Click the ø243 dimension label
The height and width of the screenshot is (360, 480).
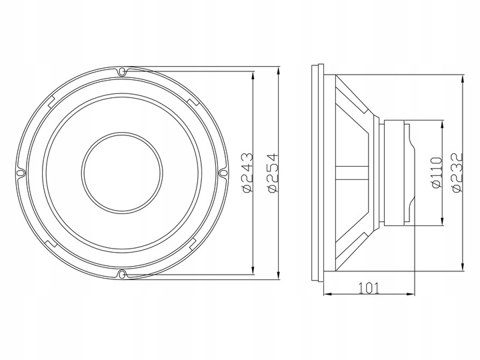pos(247,172)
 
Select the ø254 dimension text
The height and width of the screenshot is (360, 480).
pos(271,172)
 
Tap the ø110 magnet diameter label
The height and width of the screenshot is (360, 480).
pos(437,172)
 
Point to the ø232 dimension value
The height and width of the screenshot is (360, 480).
pos(457,172)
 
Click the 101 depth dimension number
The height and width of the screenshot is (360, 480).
pos(369,288)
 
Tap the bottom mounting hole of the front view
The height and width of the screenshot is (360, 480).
pos(121,273)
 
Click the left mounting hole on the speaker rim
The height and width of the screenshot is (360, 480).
pos(20,172)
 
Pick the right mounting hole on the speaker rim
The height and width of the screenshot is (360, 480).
pos(223,172)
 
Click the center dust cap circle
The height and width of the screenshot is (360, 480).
pos(121,172)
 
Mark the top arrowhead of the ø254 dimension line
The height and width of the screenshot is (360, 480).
pos(278,70)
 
